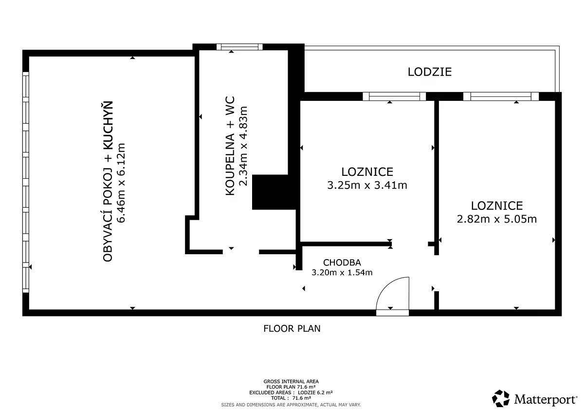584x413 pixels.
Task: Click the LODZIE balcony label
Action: coord(429,72)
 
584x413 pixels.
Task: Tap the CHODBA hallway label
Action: coord(342,262)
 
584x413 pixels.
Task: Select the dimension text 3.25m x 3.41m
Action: coord(367,185)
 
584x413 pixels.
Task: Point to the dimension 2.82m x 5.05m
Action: coord(497,219)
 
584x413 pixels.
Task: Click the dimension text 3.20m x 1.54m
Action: coord(342,272)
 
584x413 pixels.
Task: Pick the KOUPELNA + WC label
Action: coord(230,146)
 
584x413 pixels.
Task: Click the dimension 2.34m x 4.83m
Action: coord(243,146)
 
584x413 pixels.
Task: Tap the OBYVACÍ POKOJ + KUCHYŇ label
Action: coord(108,181)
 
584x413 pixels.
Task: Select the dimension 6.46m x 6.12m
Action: coord(121,183)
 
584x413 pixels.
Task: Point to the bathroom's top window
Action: coord(239,47)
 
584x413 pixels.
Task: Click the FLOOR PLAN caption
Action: coord(292,328)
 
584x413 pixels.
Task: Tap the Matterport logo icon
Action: coord(501,398)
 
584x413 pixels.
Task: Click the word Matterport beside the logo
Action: coord(545,399)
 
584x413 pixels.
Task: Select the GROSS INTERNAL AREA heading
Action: coord(291,381)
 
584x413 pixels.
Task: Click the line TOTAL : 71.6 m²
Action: coord(291,398)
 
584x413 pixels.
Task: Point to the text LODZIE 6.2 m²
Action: coord(315,393)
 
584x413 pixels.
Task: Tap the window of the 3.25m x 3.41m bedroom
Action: coord(394,96)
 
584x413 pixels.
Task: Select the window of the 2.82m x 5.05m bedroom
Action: coord(501,96)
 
